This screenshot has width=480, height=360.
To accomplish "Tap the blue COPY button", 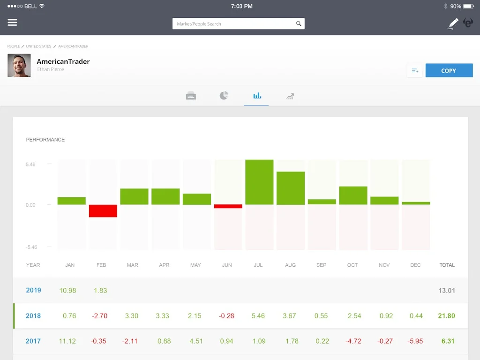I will pyautogui.click(x=449, y=70).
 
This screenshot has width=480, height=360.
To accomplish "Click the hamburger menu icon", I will pyautogui.click(x=13, y=22).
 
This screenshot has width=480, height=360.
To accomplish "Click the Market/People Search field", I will pyautogui.click(x=234, y=24).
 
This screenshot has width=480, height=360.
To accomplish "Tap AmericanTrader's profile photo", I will pyautogui.click(x=19, y=65).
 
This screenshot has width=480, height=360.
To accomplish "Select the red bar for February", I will pyautogui.click(x=103, y=211).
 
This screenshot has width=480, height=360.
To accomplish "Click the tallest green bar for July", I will pyautogui.click(x=259, y=182).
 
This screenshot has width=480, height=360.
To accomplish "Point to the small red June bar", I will pyautogui.click(x=228, y=206).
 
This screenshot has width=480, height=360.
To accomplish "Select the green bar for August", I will pyautogui.click(x=291, y=188).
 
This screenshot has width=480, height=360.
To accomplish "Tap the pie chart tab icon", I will pyautogui.click(x=224, y=96).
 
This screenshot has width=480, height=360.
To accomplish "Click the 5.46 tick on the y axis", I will pyautogui.click(x=30, y=165).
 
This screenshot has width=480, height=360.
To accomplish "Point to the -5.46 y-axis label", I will pyautogui.click(x=31, y=247).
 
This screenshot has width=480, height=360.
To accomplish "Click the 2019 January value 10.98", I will pyautogui.click(x=67, y=291).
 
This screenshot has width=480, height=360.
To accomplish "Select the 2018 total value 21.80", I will pyautogui.click(x=446, y=316).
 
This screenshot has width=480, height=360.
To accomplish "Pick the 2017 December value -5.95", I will pyautogui.click(x=416, y=341).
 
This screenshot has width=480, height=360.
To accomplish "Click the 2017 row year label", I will pyautogui.click(x=33, y=341).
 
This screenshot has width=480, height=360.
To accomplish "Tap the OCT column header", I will pyautogui.click(x=352, y=265).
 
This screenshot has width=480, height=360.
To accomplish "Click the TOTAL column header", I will pyautogui.click(x=447, y=265).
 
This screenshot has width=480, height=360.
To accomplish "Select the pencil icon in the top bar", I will pyautogui.click(x=453, y=23).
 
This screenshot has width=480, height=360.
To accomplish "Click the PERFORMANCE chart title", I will pyautogui.click(x=45, y=140).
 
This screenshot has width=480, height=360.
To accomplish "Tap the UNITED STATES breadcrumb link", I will pyautogui.click(x=38, y=46).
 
